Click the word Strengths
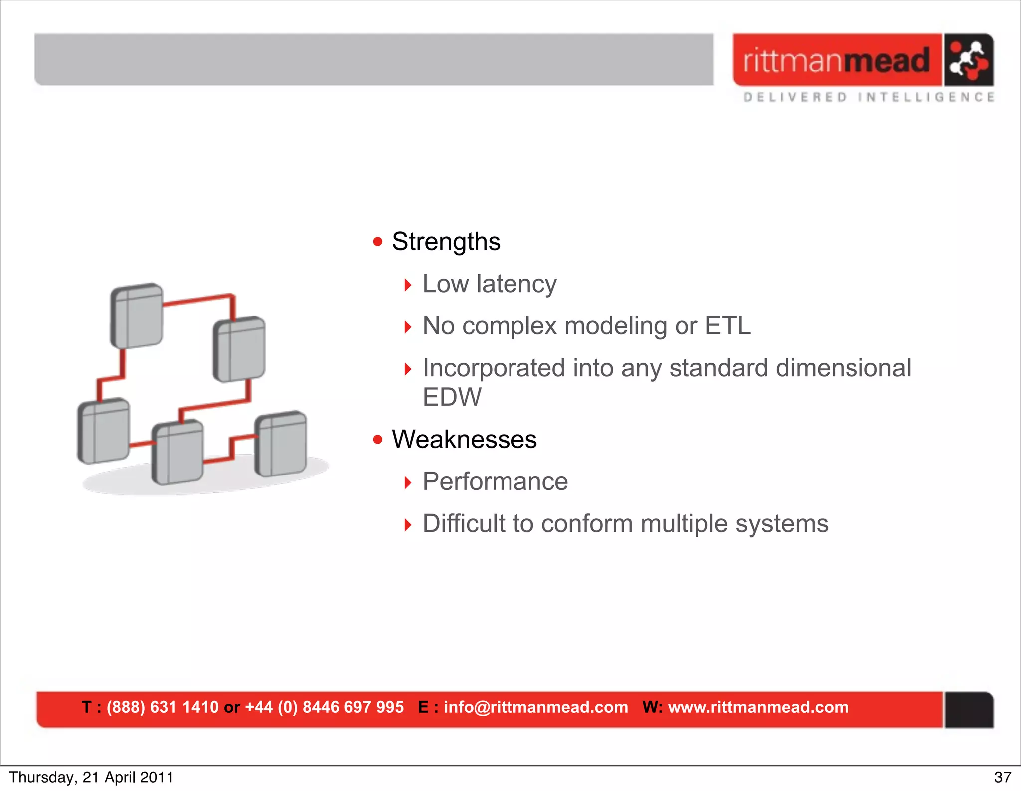446,242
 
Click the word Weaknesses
464,439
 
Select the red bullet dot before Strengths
378,242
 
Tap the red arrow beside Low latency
408,285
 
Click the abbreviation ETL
727,326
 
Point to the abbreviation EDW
452,397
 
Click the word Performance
495,481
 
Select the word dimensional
844,368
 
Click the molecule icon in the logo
968,60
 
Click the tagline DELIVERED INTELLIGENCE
868,97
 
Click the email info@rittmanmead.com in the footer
535,707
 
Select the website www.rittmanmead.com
758,707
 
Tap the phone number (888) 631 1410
163,707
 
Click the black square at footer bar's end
969,710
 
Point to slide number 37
1002,777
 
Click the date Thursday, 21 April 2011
91,777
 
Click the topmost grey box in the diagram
137,316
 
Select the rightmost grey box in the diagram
281,444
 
